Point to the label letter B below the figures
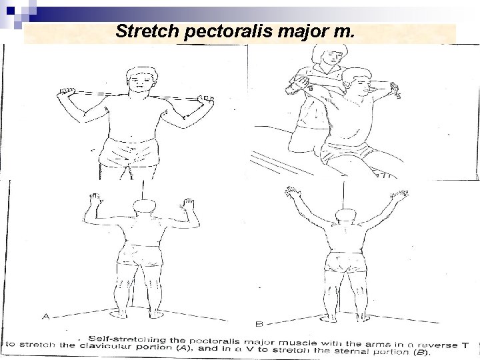259,323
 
